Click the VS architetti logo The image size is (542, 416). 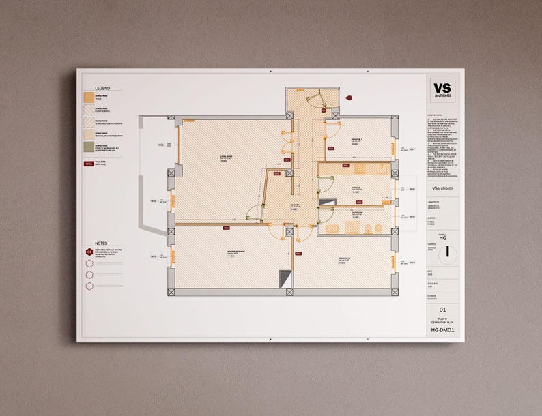442,93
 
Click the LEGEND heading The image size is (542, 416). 102,89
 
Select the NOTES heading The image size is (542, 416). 101,243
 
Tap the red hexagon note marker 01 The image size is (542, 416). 89,252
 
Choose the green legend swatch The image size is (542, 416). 89,148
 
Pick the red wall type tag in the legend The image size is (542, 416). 89,164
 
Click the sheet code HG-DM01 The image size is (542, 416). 442,330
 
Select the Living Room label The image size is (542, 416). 226,158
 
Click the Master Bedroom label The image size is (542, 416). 236,251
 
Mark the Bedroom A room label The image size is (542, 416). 358,139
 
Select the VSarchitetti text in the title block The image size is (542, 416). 442,188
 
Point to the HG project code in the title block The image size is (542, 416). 442,237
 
